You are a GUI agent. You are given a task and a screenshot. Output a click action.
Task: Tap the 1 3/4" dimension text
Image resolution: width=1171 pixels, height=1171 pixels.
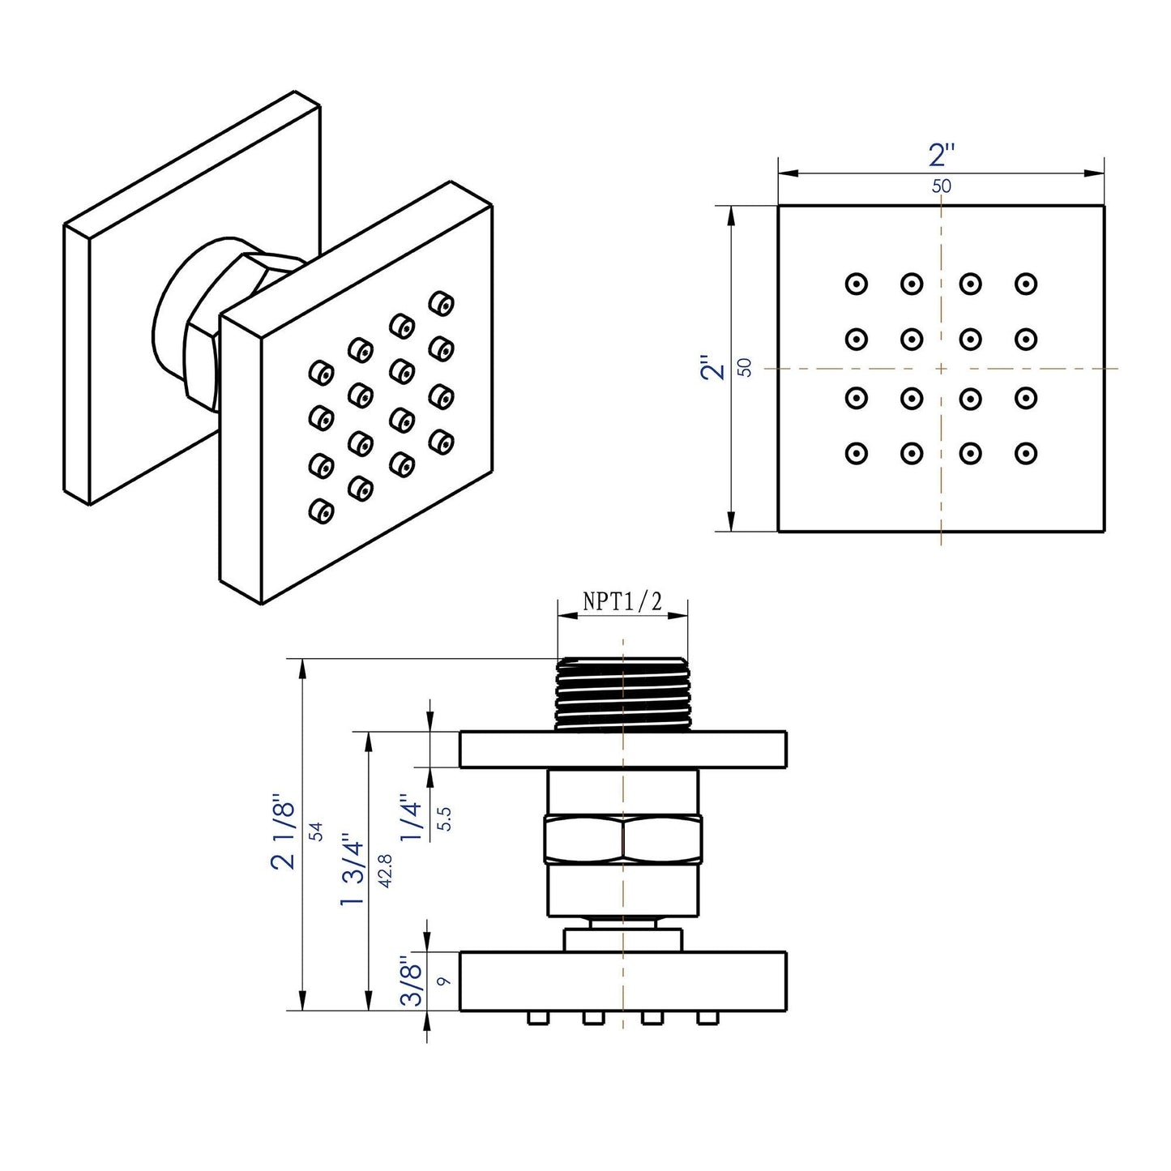[x=352, y=870]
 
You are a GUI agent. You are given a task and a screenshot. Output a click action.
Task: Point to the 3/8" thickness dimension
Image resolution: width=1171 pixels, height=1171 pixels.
[x=414, y=983]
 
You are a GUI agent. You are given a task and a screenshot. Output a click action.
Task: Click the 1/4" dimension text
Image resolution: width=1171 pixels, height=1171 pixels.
[x=414, y=819]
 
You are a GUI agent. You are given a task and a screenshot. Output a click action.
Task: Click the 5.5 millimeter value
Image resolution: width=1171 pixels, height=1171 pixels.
[x=443, y=819]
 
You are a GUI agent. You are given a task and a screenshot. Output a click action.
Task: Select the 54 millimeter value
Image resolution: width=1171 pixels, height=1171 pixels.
[x=316, y=831]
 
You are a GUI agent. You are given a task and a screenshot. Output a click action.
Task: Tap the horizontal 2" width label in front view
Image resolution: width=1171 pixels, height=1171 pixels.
[x=942, y=155]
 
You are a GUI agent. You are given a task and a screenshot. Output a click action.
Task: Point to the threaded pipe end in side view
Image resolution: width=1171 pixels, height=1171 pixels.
[x=622, y=691]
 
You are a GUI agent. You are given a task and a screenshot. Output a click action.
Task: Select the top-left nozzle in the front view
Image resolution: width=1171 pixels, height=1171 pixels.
[x=856, y=284]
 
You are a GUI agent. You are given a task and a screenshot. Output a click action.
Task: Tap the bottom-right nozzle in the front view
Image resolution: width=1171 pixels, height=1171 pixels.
[x=1026, y=453]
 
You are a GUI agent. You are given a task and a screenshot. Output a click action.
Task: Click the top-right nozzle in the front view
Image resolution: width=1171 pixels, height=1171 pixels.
[x=1026, y=284]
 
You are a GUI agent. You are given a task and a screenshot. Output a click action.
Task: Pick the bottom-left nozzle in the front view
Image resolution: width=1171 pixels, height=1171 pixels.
[x=856, y=453]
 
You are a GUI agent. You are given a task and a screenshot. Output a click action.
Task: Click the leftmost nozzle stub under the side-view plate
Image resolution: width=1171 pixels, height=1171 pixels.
[x=536, y=1018]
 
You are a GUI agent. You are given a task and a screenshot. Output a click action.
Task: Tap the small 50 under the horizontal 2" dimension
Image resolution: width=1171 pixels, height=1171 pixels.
[x=942, y=186]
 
